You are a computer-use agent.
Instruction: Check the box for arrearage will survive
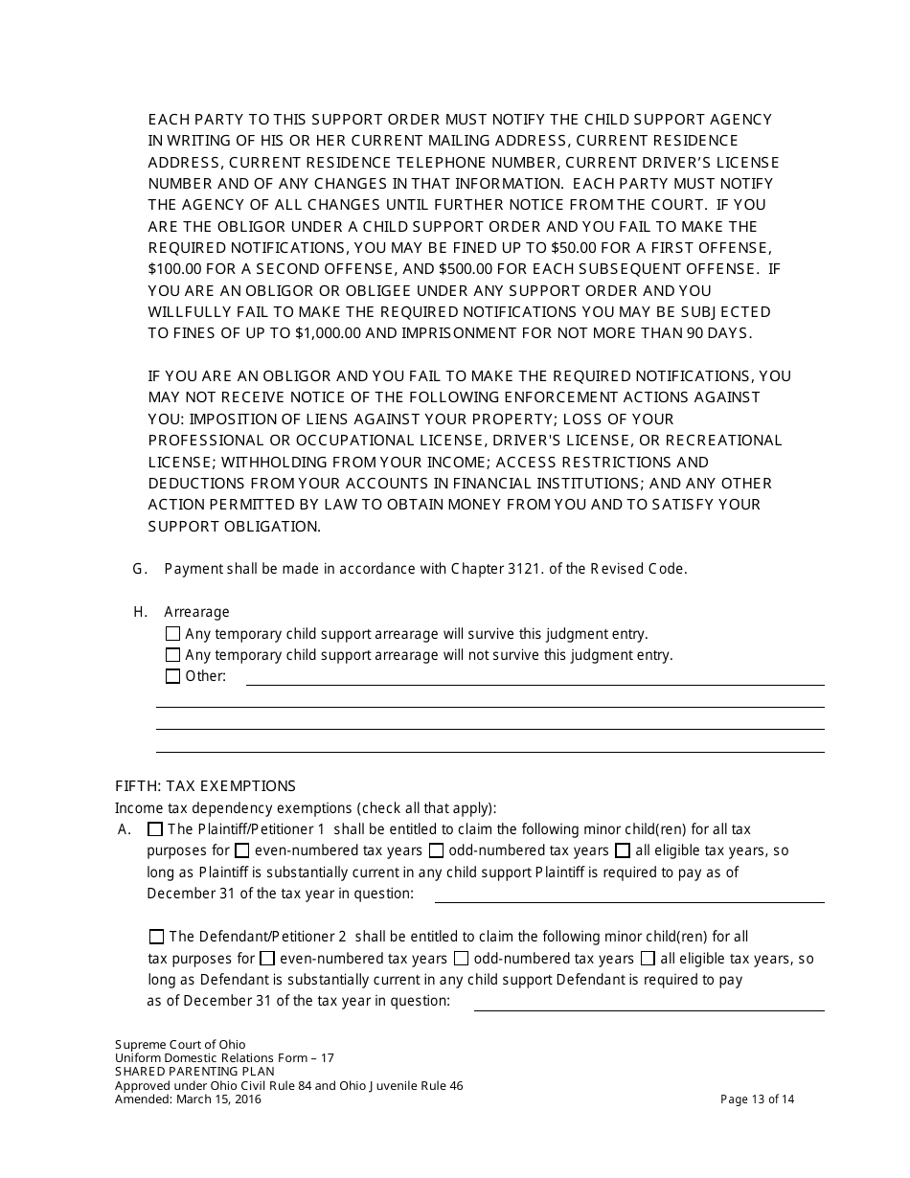[x=172, y=634]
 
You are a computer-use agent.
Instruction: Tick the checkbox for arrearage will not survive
[x=172, y=655]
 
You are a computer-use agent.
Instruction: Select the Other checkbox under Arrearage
[x=172, y=676]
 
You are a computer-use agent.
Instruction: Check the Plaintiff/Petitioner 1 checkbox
[x=155, y=829]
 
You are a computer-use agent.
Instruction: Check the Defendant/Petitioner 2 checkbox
[x=156, y=937]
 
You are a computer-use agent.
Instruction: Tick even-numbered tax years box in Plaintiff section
[x=242, y=850]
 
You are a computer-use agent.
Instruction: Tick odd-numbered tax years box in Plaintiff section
[x=436, y=850]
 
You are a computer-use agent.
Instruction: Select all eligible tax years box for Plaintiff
[x=623, y=850]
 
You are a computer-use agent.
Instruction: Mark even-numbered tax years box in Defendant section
[x=267, y=958]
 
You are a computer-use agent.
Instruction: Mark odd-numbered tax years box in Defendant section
[x=461, y=958]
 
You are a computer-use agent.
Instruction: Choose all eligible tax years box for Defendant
[x=648, y=958]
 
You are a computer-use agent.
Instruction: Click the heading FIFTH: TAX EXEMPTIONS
[x=205, y=786]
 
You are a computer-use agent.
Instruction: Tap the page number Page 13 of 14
[x=757, y=1099]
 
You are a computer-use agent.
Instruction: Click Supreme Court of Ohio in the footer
[x=180, y=1045]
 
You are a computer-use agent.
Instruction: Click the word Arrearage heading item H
[x=196, y=612]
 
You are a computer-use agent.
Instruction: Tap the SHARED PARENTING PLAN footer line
[x=194, y=1072]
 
